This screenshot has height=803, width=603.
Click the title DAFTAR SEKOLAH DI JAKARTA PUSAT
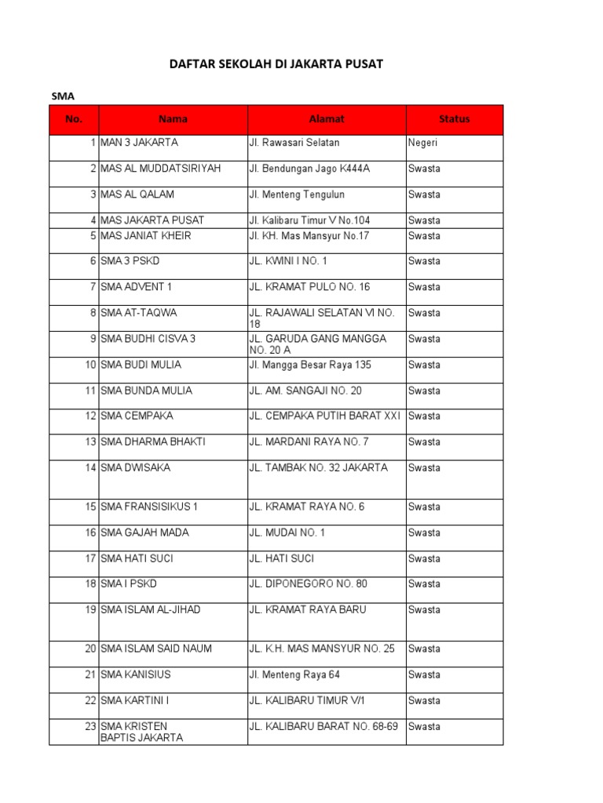pyautogui.click(x=276, y=64)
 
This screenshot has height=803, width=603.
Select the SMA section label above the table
pyautogui.click(x=62, y=96)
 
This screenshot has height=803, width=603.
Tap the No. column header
pyautogui.click(x=74, y=119)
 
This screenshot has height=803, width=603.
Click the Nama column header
pyautogui.click(x=173, y=119)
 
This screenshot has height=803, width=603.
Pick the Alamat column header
pyautogui.click(x=327, y=119)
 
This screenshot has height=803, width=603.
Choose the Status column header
pyautogui.click(x=455, y=119)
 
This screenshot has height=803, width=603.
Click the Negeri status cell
pyautogui.click(x=423, y=143)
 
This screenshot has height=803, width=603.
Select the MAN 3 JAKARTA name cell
pyautogui.click(x=139, y=143)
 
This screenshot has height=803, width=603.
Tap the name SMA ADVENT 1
pyautogui.click(x=136, y=287)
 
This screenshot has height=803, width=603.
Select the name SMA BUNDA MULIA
pyautogui.click(x=146, y=391)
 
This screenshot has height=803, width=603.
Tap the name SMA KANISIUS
pyautogui.click(x=135, y=675)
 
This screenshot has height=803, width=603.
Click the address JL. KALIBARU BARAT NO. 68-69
pyautogui.click(x=323, y=727)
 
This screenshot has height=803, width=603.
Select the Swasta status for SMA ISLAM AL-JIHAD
pyautogui.click(x=424, y=610)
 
